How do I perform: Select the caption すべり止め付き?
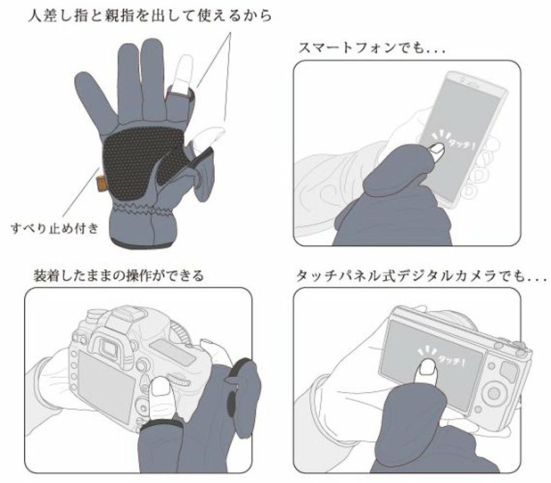pyautogui.click(x=54, y=228)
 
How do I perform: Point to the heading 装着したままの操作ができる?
pyautogui.click(x=118, y=275)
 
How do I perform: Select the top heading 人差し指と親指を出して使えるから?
pyautogui.click(x=150, y=16)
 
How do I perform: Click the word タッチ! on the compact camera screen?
pyautogui.click(x=452, y=361)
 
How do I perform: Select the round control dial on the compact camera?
pyautogui.click(x=492, y=393)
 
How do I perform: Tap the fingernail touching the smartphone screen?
pyautogui.click(x=438, y=149)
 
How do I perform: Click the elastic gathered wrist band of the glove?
pyautogui.click(x=142, y=210)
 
